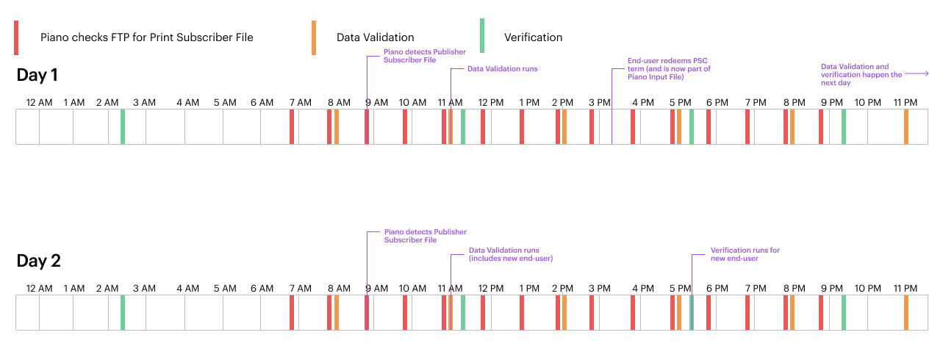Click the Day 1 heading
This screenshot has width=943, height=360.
[x=37, y=75]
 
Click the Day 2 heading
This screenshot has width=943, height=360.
[x=38, y=261]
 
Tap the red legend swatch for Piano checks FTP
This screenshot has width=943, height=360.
[x=16, y=38]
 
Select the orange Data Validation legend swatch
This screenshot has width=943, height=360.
[x=314, y=38]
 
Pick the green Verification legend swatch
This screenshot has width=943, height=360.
[x=482, y=36]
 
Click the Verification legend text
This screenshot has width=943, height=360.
[x=533, y=37]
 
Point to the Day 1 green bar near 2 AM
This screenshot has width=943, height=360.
[x=123, y=127]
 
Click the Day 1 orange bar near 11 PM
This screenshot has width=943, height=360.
[x=906, y=127]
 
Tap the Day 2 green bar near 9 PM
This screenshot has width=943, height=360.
[x=844, y=312]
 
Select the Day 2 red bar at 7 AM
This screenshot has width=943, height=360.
[x=292, y=312]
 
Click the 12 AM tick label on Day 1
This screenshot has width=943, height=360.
[x=39, y=103]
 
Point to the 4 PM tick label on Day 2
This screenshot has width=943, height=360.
[x=643, y=289]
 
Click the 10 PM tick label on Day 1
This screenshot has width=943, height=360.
[x=867, y=103]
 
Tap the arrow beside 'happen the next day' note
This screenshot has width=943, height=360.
[x=917, y=73]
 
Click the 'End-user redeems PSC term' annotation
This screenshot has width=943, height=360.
[x=669, y=68]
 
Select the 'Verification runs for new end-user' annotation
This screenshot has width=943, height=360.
[x=745, y=254]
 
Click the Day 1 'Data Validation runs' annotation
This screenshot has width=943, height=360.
[x=502, y=68]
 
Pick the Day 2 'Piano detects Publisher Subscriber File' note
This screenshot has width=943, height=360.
[x=425, y=236]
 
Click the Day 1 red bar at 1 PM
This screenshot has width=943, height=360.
[x=522, y=127]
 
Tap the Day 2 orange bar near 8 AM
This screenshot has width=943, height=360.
[x=337, y=312]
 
